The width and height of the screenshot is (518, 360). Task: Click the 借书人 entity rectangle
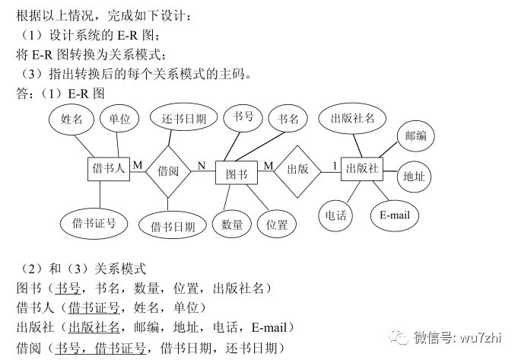point(109,169)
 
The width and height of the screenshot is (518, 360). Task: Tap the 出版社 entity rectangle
point(361,169)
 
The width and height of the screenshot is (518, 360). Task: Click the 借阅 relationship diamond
point(168,171)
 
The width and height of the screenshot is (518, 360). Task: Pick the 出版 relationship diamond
point(297,169)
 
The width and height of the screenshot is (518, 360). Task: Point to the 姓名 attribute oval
point(72,120)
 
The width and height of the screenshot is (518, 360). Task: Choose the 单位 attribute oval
point(119,119)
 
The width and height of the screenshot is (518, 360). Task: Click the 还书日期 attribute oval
point(183,120)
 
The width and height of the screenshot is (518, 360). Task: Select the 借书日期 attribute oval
point(173,226)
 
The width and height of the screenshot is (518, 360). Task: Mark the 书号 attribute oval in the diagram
point(243,117)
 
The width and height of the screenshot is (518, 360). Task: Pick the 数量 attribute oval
point(231,224)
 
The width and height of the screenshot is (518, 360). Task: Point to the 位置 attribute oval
point(277,224)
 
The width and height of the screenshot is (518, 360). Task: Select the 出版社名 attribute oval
point(352,119)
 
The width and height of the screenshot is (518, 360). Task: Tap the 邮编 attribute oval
point(415,135)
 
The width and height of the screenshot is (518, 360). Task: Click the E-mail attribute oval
point(394,215)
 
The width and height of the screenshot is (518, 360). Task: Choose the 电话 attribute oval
point(335,215)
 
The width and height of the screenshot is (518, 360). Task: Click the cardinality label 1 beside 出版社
point(334,165)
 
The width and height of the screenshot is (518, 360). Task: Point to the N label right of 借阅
point(202,165)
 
